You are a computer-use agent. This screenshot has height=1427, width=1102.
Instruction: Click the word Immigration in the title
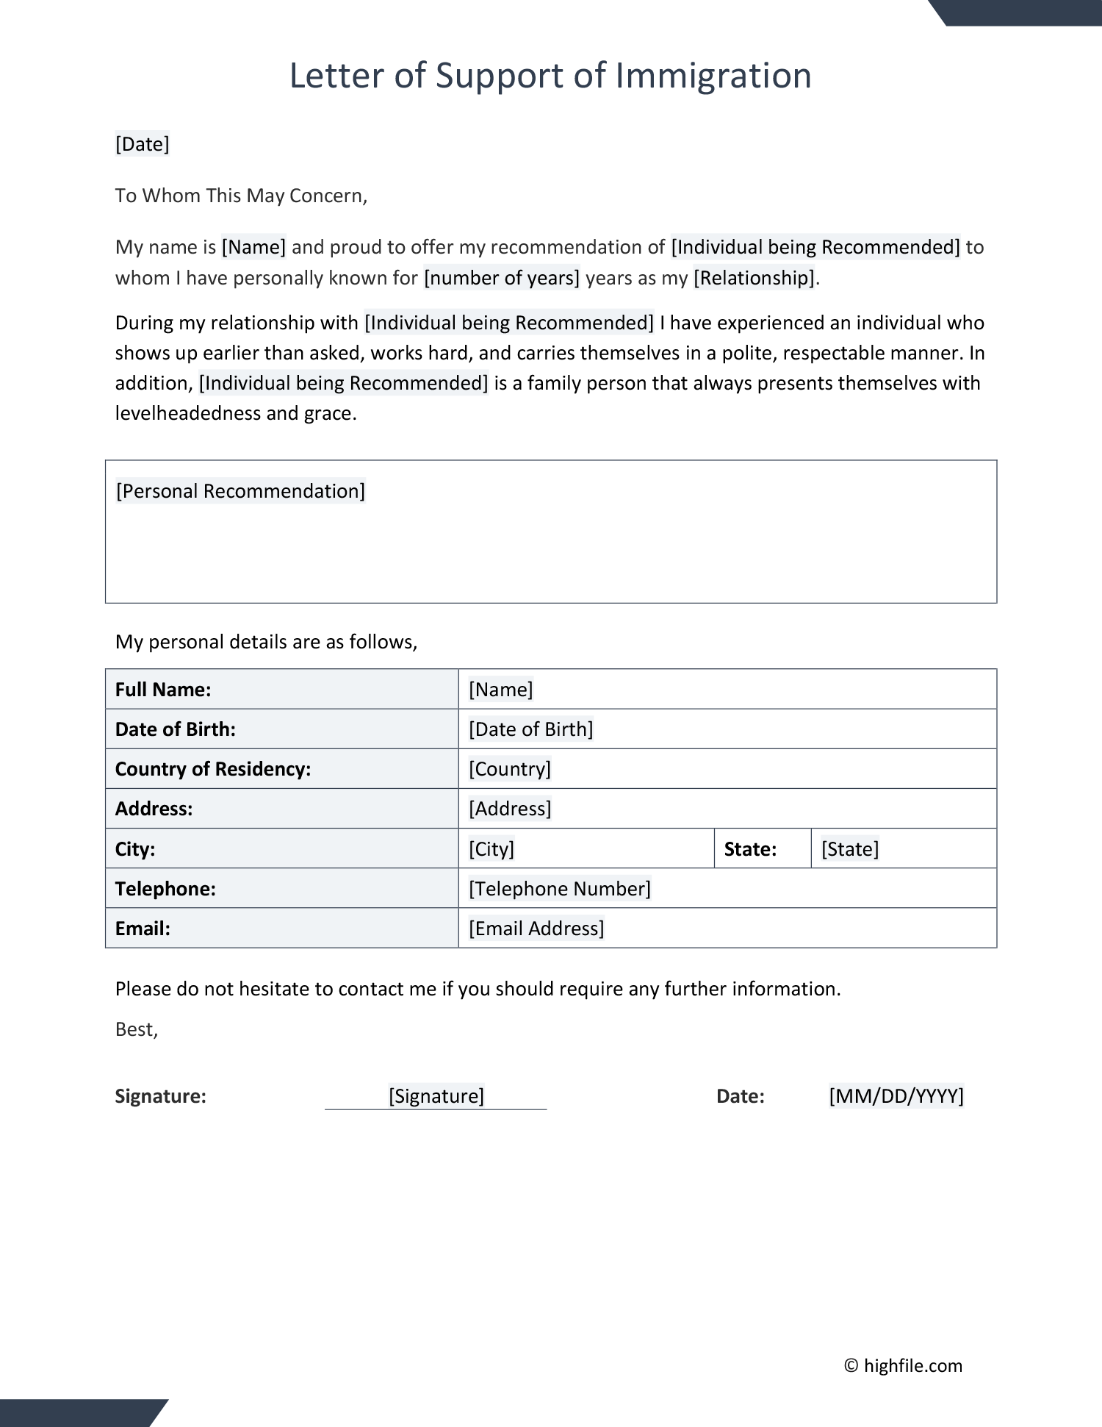(x=713, y=76)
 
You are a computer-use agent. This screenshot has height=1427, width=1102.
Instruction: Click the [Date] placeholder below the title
(x=143, y=144)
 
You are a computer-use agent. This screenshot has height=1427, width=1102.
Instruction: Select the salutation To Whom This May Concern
(x=241, y=196)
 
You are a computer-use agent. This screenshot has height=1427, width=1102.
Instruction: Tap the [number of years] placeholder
(x=502, y=278)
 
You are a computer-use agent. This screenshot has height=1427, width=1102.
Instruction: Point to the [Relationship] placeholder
(x=755, y=278)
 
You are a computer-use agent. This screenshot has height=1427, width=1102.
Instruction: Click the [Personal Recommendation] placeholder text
(x=240, y=491)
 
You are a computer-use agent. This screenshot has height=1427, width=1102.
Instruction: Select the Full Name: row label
(x=163, y=690)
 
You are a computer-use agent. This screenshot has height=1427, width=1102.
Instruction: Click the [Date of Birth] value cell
(x=530, y=729)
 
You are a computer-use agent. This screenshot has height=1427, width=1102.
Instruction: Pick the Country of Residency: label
(x=213, y=769)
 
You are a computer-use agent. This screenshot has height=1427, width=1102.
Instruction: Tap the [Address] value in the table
(x=510, y=809)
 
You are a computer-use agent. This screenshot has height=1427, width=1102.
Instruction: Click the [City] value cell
(x=491, y=849)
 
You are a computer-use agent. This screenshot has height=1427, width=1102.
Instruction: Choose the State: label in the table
(x=750, y=849)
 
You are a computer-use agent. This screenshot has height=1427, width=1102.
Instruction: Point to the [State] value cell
(x=850, y=849)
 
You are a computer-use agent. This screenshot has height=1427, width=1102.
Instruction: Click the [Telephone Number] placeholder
(x=560, y=889)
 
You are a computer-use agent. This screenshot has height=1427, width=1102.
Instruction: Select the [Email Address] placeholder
(x=536, y=929)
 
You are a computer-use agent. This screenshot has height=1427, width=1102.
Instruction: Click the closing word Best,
(x=137, y=1029)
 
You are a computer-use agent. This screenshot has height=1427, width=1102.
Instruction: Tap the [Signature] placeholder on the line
(x=436, y=1096)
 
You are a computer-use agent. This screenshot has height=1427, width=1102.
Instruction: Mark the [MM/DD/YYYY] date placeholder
(x=896, y=1096)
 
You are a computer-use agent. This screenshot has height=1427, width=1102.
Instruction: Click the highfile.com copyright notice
(x=903, y=1365)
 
